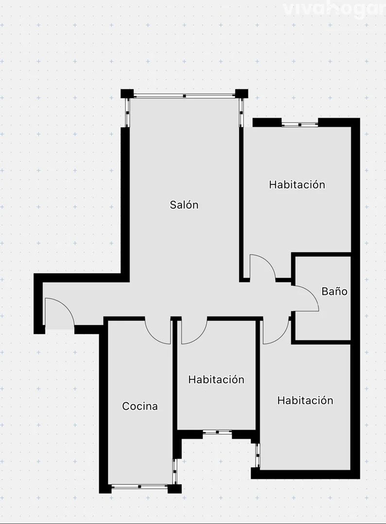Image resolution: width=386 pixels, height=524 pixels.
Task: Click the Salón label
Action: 184,205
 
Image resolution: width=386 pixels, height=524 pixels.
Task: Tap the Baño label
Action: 334,291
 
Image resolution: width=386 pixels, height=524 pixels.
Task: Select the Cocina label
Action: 140,406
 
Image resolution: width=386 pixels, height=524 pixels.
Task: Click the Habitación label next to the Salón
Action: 297,184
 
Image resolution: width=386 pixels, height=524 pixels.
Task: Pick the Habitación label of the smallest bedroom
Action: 216,379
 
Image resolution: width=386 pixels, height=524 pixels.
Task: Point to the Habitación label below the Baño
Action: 305,400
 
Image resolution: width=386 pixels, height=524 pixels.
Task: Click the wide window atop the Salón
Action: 184,96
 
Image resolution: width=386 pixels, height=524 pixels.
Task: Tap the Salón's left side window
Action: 127,112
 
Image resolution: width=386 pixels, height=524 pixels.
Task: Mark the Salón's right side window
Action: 241,112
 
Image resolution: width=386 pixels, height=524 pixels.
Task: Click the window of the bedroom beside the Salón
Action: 299,125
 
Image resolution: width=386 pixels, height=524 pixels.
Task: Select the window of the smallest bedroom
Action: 217,432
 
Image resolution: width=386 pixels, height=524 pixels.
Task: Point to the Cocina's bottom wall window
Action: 140,487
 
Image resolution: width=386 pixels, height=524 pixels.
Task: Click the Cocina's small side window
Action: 175,471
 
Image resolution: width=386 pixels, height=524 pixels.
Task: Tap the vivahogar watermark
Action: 333,9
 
